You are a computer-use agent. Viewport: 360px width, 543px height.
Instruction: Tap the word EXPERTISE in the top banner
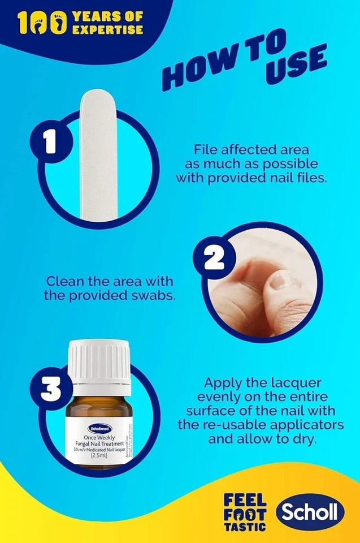point(107,29)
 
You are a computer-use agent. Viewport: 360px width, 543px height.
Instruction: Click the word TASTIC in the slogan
point(245,525)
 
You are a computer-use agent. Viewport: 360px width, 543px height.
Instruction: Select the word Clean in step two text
point(65,281)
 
